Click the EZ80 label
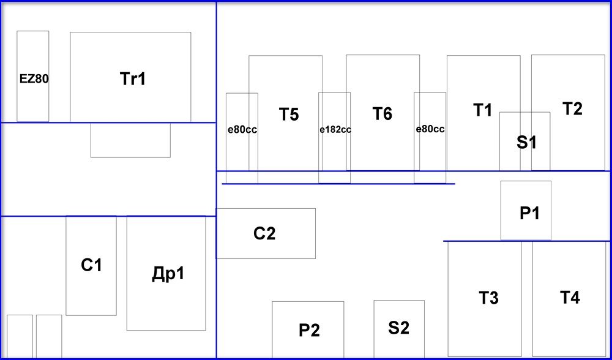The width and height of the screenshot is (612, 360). tap(34, 78)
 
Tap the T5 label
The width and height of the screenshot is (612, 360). tap(289, 114)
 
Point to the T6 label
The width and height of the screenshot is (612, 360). tap(382, 114)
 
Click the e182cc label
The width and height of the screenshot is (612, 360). tap(335, 130)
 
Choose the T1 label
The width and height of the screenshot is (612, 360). tap(483, 110)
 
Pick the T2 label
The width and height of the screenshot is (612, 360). tap(572, 109)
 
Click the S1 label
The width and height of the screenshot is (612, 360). tap(526, 143)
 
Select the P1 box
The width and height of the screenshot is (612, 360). tap(526, 210)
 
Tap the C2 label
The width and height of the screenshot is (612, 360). tap(264, 233)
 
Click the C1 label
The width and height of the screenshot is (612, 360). tap(91, 266)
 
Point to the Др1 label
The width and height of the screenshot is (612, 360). tap(167, 274)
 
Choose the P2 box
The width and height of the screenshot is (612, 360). tap(308, 329)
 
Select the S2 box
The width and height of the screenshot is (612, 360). tap(399, 328)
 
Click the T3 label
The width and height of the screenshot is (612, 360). tap(488, 298)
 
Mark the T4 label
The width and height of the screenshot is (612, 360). tap(570, 298)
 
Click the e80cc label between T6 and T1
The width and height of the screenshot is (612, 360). tap(430, 129)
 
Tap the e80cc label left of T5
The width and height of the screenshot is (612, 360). tap(242, 130)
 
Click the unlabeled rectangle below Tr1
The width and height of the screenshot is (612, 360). tap(130, 140)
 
